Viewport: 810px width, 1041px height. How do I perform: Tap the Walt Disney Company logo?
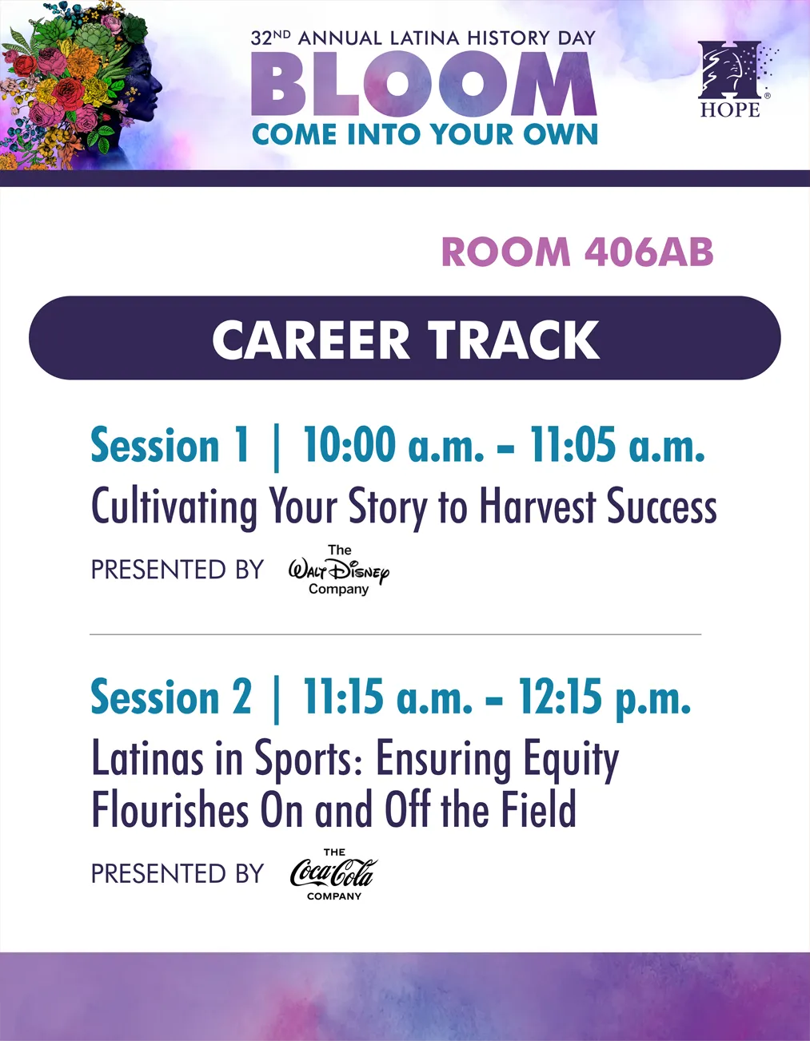(x=339, y=570)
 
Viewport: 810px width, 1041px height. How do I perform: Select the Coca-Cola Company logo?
(x=334, y=874)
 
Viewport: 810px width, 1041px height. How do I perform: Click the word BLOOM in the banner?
(x=424, y=84)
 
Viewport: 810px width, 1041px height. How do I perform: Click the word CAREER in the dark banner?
(x=310, y=340)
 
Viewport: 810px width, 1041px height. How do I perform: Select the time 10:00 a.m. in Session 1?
(x=393, y=445)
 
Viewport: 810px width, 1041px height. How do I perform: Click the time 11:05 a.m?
(x=616, y=445)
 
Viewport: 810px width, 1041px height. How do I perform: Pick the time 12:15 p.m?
(x=605, y=697)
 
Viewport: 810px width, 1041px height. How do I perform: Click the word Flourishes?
(x=170, y=809)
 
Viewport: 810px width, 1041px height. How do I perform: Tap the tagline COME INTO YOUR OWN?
(x=425, y=134)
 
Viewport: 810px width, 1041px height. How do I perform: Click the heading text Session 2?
(x=171, y=697)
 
